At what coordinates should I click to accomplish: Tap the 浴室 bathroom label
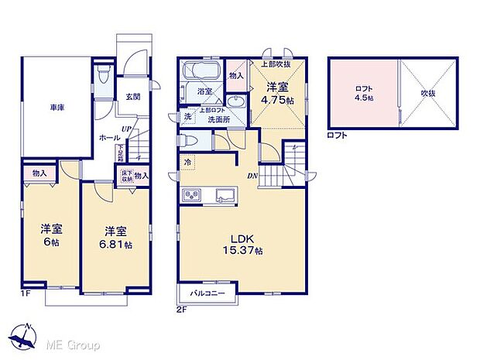[x=204, y=92]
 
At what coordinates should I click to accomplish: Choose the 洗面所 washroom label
[x=220, y=120]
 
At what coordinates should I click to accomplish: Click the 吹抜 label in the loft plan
[x=430, y=92]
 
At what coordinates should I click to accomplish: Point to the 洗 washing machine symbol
[x=188, y=118]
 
